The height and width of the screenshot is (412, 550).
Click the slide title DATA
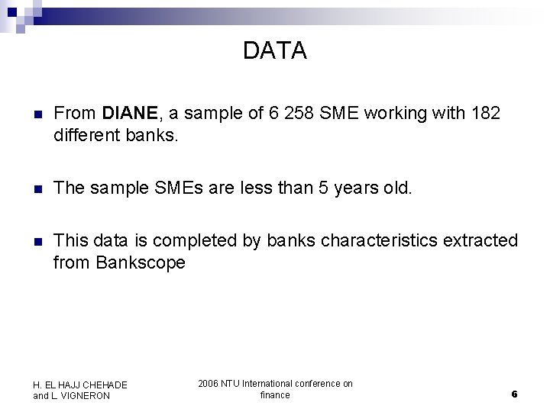click(274, 51)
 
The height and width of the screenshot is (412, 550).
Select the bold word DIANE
click(130, 114)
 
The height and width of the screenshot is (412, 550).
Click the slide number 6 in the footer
click(514, 394)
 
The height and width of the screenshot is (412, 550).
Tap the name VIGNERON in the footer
click(86, 396)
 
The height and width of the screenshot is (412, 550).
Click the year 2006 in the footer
click(208, 384)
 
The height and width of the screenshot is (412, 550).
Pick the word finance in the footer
click(275, 395)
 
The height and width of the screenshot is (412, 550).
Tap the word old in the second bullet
click(396, 188)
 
